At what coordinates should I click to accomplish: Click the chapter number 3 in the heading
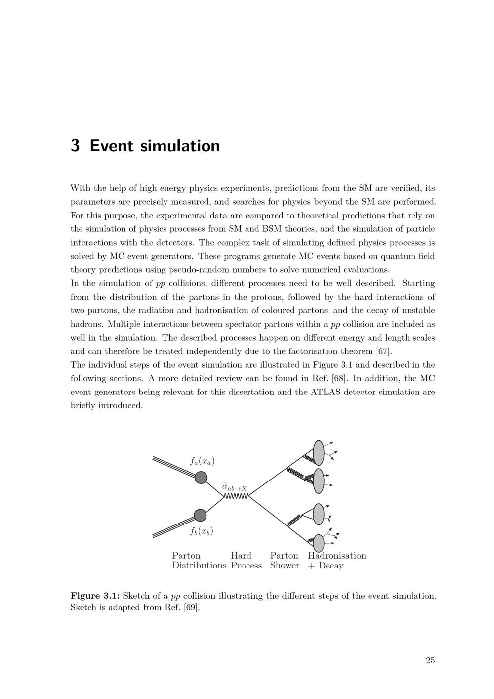75,146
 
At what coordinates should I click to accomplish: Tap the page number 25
430,660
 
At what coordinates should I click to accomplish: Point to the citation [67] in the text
383,351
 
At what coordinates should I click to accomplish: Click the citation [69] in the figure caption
191,607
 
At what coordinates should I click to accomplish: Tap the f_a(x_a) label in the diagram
203,461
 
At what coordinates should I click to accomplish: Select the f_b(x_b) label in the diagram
202,532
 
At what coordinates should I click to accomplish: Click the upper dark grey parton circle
201,478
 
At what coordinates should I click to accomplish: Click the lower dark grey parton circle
200,515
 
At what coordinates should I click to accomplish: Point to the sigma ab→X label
234,487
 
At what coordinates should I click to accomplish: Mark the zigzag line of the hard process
236,496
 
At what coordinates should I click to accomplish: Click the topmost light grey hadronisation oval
319,452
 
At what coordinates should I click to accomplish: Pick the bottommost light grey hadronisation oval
319,543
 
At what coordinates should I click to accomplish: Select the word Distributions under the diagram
199,566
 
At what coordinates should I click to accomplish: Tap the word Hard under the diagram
241,556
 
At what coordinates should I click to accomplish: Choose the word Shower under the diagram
285,566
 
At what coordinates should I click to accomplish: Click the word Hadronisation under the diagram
337,556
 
